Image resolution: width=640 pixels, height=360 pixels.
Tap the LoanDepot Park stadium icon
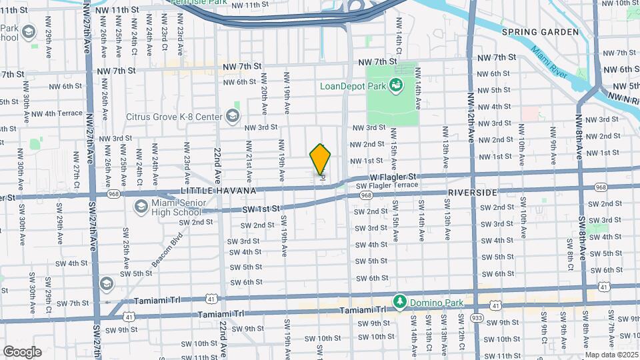[x=396, y=85]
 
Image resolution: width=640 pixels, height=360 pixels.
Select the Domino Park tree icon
[x=399, y=302]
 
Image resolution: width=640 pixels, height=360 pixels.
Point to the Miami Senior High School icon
[x=141, y=207]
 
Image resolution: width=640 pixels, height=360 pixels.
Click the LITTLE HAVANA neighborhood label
[x=219, y=191]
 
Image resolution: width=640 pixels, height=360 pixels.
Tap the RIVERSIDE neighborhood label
[x=474, y=192]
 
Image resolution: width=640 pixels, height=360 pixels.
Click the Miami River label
[x=550, y=63]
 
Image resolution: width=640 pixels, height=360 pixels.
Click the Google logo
[x=22, y=351]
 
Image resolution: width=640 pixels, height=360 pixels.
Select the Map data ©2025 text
[x=611, y=355]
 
